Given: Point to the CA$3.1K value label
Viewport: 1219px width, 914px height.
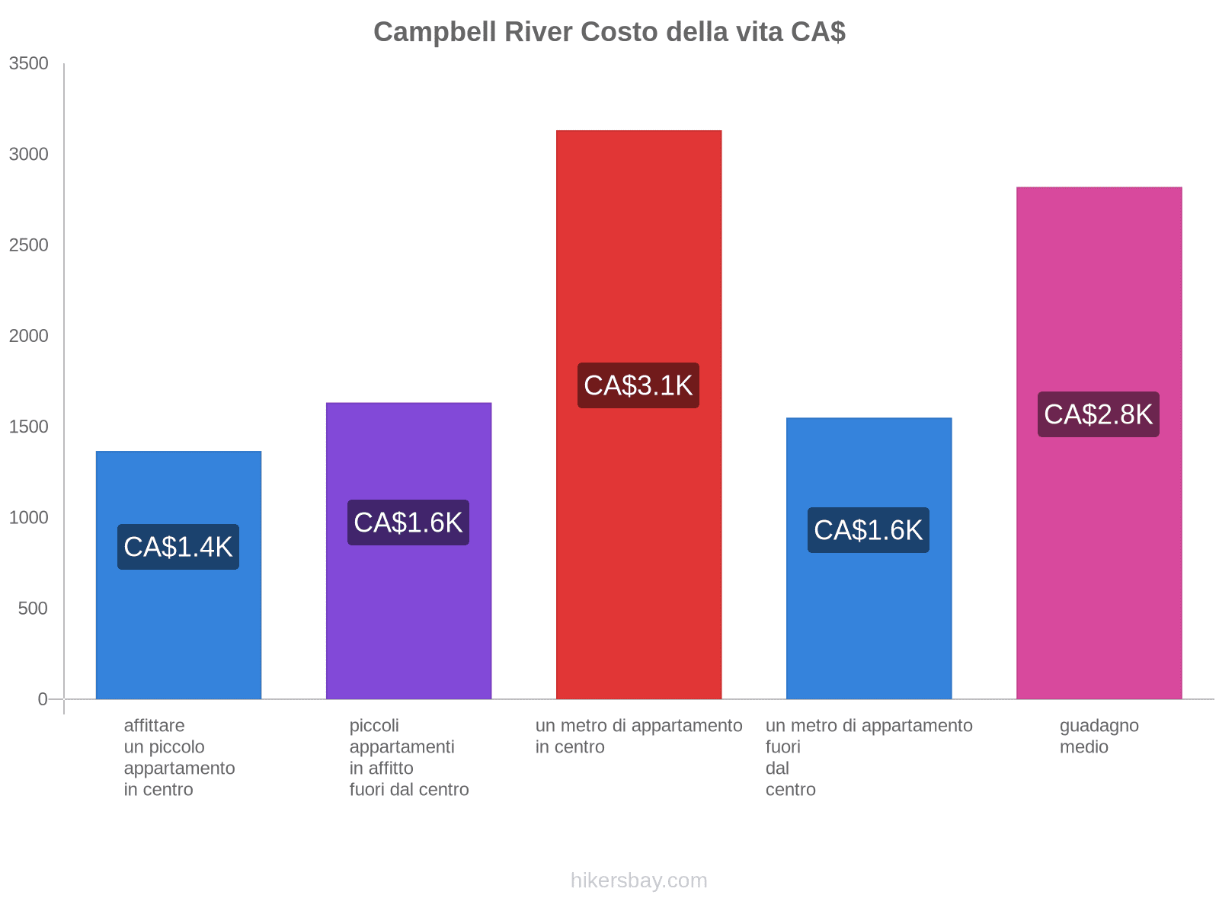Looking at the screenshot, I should pyautogui.click(x=638, y=385).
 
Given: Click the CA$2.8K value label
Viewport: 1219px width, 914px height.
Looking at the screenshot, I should pyautogui.click(x=1098, y=414).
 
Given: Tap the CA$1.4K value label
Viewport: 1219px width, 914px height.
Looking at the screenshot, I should pyautogui.click(x=178, y=547).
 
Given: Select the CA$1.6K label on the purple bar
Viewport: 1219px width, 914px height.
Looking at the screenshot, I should pyautogui.click(x=408, y=523).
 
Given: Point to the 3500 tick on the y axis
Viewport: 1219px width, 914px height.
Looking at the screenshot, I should pyautogui.click(x=29, y=64).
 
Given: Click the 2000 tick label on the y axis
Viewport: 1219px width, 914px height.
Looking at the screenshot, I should pyautogui.click(x=29, y=336).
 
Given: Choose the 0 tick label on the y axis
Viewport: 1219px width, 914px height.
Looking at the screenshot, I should pyautogui.click(x=43, y=699).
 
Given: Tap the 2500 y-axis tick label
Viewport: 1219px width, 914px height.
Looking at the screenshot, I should pyautogui.click(x=29, y=245).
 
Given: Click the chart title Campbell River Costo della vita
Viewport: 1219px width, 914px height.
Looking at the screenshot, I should pyautogui.click(x=609, y=32).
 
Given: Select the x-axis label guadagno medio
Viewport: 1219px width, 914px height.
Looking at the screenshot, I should pyautogui.click(x=1099, y=736).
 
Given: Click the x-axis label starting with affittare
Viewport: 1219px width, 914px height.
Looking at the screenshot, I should pyautogui.click(x=179, y=757).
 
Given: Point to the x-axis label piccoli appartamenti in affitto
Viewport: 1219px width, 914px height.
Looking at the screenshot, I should pyautogui.click(x=409, y=757).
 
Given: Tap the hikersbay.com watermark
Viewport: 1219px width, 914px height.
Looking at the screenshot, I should pyautogui.click(x=638, y=880).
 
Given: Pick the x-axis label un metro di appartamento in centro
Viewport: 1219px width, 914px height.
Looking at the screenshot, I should pyautogui.click(x=638, y=736).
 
